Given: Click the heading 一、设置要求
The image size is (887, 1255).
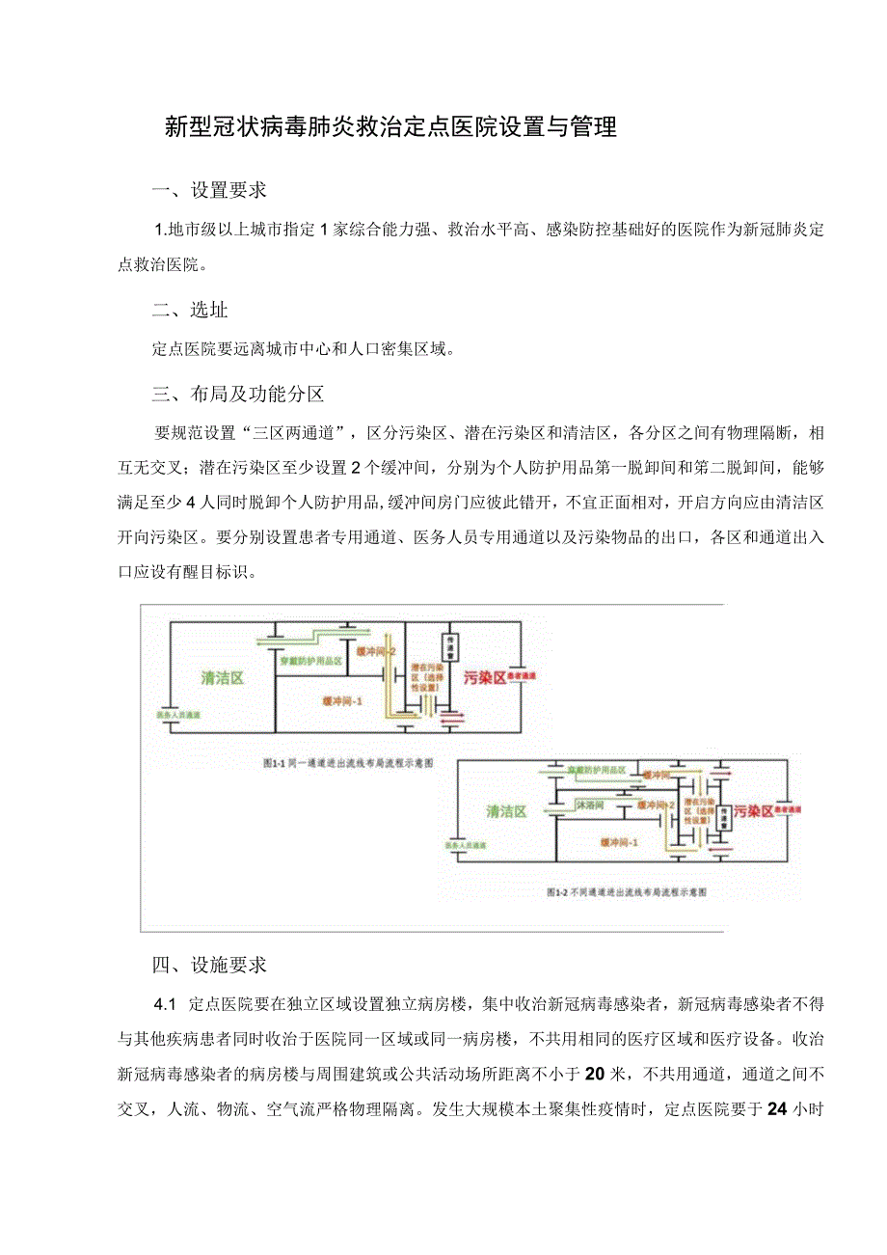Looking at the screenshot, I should coord(209,190).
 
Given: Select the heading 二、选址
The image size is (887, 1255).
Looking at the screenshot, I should coord(191,310).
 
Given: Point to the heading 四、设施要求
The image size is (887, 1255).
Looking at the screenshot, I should coord(209,965).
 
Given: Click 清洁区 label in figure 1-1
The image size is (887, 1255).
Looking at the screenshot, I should coord(222,677).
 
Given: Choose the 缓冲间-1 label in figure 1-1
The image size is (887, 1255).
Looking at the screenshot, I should coord(342,701).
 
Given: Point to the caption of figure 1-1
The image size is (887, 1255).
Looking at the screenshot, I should coord(348,762).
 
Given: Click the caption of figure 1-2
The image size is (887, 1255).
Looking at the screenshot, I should coord(626,892).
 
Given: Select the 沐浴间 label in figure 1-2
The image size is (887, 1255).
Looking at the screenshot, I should coord(589,804).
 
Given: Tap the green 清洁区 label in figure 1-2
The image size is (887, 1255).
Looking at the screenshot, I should coord(506,811).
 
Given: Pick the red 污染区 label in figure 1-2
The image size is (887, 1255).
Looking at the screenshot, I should coord(754,811).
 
